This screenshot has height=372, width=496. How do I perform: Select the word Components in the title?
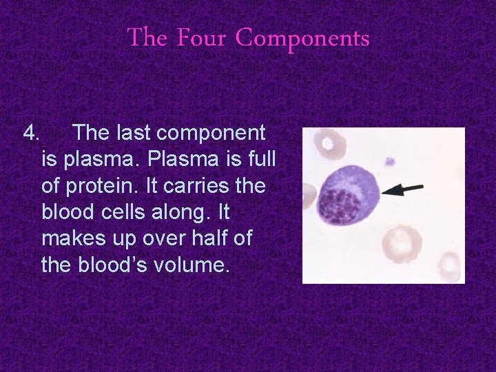302,39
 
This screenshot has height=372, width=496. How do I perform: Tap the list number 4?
32,132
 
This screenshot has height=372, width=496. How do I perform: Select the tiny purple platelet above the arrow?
390,162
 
